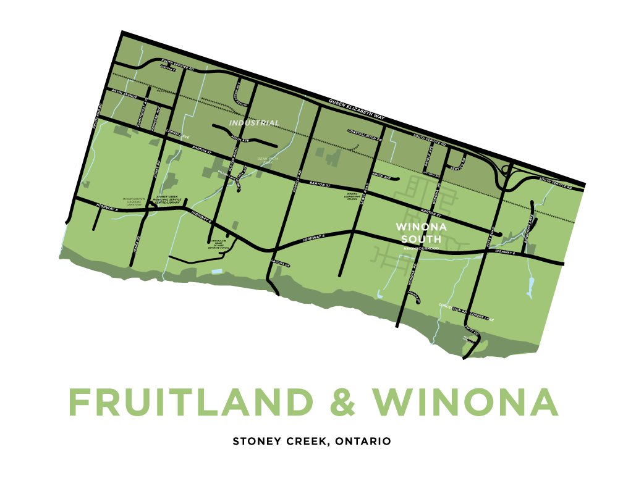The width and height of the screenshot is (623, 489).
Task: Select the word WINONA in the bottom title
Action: click(x=465, y=403)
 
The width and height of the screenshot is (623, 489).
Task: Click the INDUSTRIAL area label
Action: click(x=254, y=123)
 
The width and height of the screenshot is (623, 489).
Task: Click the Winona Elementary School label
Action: click(x=352, y=196)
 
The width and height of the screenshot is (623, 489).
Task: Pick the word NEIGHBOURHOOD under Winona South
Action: click(x=420, y=248)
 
